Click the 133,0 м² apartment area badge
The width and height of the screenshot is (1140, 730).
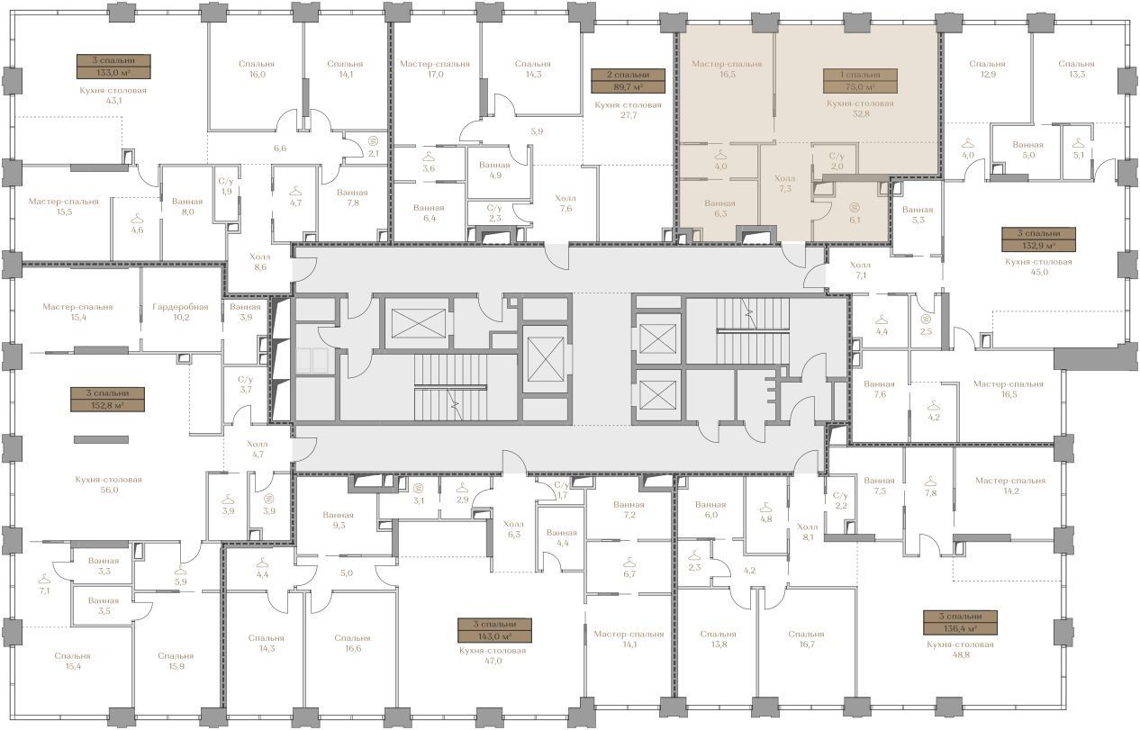tap(113, 66)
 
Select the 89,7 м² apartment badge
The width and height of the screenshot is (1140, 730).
tap(628, 81)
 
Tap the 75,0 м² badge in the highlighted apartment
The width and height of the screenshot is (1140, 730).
tap(860, 81)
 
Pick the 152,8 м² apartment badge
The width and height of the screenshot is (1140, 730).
tap(107, 400)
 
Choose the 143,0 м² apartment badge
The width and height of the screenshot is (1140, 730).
tap(494, 630)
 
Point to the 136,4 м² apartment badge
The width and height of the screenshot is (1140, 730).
tap(960, 623)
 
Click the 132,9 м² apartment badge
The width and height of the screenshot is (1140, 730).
tap(1039, 239)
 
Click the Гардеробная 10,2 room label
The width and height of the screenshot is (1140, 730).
tap(181, 311)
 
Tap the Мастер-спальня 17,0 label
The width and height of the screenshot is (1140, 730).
tap(435, 68)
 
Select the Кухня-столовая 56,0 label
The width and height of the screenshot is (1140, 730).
tap(108, 485)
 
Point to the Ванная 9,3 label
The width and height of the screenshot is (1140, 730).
tap(339, 520)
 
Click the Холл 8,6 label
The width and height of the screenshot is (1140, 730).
tap(259, 261)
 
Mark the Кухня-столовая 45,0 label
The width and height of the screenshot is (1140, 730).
tap(1038, 266)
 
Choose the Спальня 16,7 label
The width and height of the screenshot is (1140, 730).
tap(806, 639)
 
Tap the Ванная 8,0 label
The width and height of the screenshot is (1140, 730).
tap(187, 206)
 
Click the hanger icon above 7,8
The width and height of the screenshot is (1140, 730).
tap(931, 481)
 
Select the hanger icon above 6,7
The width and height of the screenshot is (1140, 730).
tap(629, 562)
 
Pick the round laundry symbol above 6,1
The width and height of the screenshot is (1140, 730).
tap(855, 208)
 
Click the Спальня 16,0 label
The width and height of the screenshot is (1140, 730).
tap(257, 68)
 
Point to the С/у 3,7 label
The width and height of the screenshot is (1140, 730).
tap(245, 384)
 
